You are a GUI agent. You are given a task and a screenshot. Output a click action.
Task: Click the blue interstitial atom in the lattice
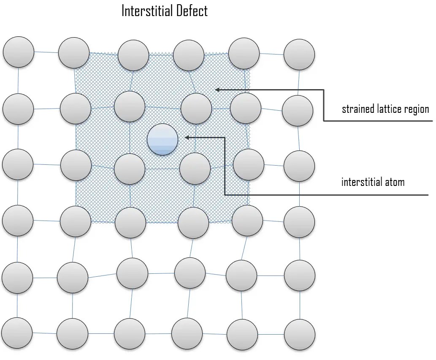[162, 139]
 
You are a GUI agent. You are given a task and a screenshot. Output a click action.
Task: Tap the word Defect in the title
[193, 11]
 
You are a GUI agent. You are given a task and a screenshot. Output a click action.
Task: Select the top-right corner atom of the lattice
[299, 55]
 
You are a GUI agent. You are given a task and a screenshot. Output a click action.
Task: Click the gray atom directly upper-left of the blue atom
[130, 106]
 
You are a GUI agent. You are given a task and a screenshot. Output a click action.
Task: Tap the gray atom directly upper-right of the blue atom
[196, 109]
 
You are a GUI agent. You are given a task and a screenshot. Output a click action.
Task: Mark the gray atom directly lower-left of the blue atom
[130, 169]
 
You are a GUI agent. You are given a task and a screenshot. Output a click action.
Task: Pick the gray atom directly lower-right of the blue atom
[195, 169]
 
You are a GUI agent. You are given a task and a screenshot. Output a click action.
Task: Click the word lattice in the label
[390, 109]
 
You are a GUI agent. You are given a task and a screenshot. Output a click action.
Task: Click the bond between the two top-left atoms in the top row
[46, 52]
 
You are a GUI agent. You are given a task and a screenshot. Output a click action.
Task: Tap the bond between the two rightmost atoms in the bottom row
[271, 333]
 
